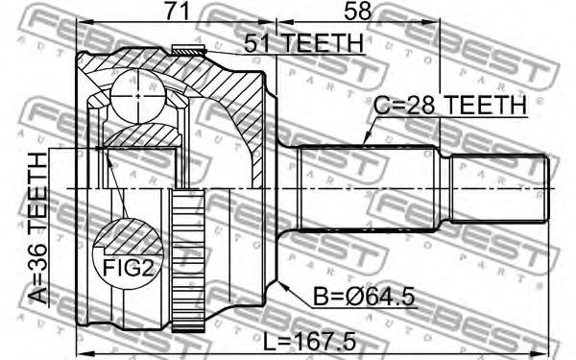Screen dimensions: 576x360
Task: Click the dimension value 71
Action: [x=177, y=12]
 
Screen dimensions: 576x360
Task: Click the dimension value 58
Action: [x=357, y=12]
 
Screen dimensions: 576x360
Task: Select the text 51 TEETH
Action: [x=303, y=43]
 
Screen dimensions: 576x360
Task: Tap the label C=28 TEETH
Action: [x=450, y=106]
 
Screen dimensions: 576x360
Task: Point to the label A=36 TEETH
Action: [x=37, y=228]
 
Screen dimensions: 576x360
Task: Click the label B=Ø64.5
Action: [x=364, y=297]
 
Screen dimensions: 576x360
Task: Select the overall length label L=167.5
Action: [x=310, y=341]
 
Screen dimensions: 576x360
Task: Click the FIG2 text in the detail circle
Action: [x=127, y=268]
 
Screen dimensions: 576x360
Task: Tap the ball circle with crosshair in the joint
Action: [x=137, y=96]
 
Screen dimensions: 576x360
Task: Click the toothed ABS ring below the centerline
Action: [x=188, y=260]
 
